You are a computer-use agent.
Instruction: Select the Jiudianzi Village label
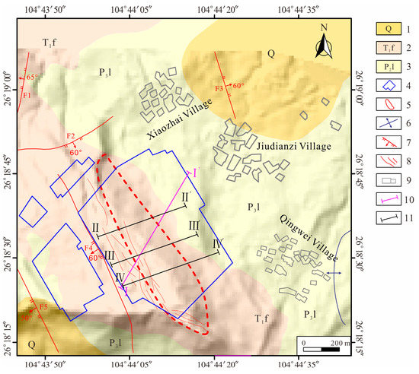point(299,145)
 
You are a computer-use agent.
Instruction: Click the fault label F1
point(26,95)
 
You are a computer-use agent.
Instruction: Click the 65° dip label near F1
point(33,78)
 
